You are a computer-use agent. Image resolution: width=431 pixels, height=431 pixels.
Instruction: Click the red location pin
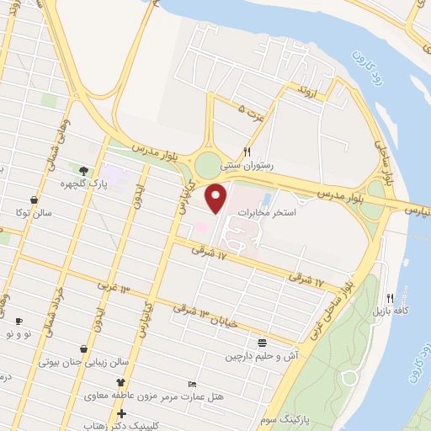coord(216,200)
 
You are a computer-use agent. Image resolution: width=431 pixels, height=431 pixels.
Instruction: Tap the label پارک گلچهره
coord(77,183)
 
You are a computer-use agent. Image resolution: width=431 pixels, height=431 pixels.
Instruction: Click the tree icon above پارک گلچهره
coord(83,171)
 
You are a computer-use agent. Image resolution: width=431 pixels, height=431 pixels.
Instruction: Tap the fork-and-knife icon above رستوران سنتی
coord(247,152)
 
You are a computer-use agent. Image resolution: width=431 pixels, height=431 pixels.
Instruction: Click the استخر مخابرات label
coord(266,213)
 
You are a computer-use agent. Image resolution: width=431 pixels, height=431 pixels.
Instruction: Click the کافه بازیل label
coord(390,311)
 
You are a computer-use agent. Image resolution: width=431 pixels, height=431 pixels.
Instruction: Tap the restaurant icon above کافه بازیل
coord(390,298)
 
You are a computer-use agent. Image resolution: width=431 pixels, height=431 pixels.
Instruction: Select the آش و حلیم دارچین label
coord(261,356)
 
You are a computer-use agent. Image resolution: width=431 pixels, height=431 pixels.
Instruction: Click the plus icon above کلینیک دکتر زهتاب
coord(123,413)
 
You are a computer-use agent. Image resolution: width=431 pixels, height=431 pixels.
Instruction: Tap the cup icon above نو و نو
coord(19,321)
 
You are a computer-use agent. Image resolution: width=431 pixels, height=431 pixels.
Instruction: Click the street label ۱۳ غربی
coord(115,289)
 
